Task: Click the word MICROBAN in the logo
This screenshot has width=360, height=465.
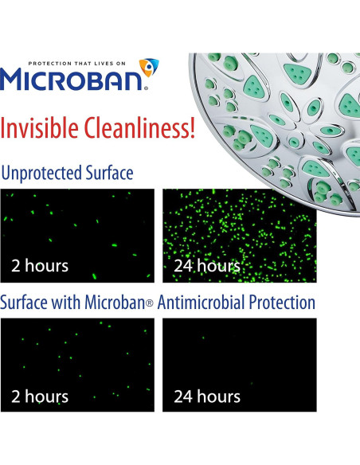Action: tap(73, 80)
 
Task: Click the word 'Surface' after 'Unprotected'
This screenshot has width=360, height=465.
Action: tap(109, 173)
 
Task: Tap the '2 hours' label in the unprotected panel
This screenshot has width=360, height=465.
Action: tap(40, 266)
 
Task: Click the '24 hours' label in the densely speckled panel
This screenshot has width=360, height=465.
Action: tap(206, 266)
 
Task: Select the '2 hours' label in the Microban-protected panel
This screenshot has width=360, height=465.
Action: tap(40, 396)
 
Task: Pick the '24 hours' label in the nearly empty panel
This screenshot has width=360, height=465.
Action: tap(206, 396)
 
